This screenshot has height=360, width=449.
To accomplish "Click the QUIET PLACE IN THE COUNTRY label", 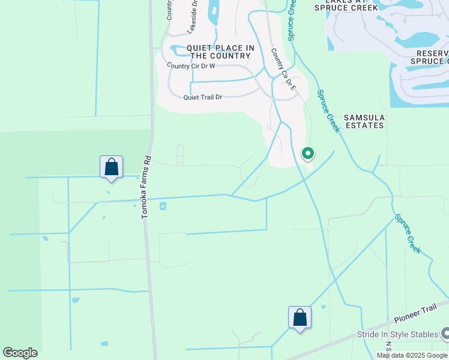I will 220,52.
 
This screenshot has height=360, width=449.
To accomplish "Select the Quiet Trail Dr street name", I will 203,97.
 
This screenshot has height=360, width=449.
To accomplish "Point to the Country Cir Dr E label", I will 284,70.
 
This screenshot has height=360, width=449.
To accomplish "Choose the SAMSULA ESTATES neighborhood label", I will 363,121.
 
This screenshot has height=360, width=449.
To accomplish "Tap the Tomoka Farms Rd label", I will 145,187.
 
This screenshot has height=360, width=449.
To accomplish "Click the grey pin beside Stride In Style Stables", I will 445,333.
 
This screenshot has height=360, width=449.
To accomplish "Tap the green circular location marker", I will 308,154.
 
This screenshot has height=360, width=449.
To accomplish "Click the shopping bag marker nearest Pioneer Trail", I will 300,317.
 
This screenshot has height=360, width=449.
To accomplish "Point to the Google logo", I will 20,352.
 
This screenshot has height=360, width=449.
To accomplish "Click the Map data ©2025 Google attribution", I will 412,355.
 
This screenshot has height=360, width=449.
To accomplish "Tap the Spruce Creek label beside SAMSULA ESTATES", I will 328,110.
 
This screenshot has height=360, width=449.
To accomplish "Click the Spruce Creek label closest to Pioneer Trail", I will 407,235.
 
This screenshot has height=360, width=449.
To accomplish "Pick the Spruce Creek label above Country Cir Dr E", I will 292,19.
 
